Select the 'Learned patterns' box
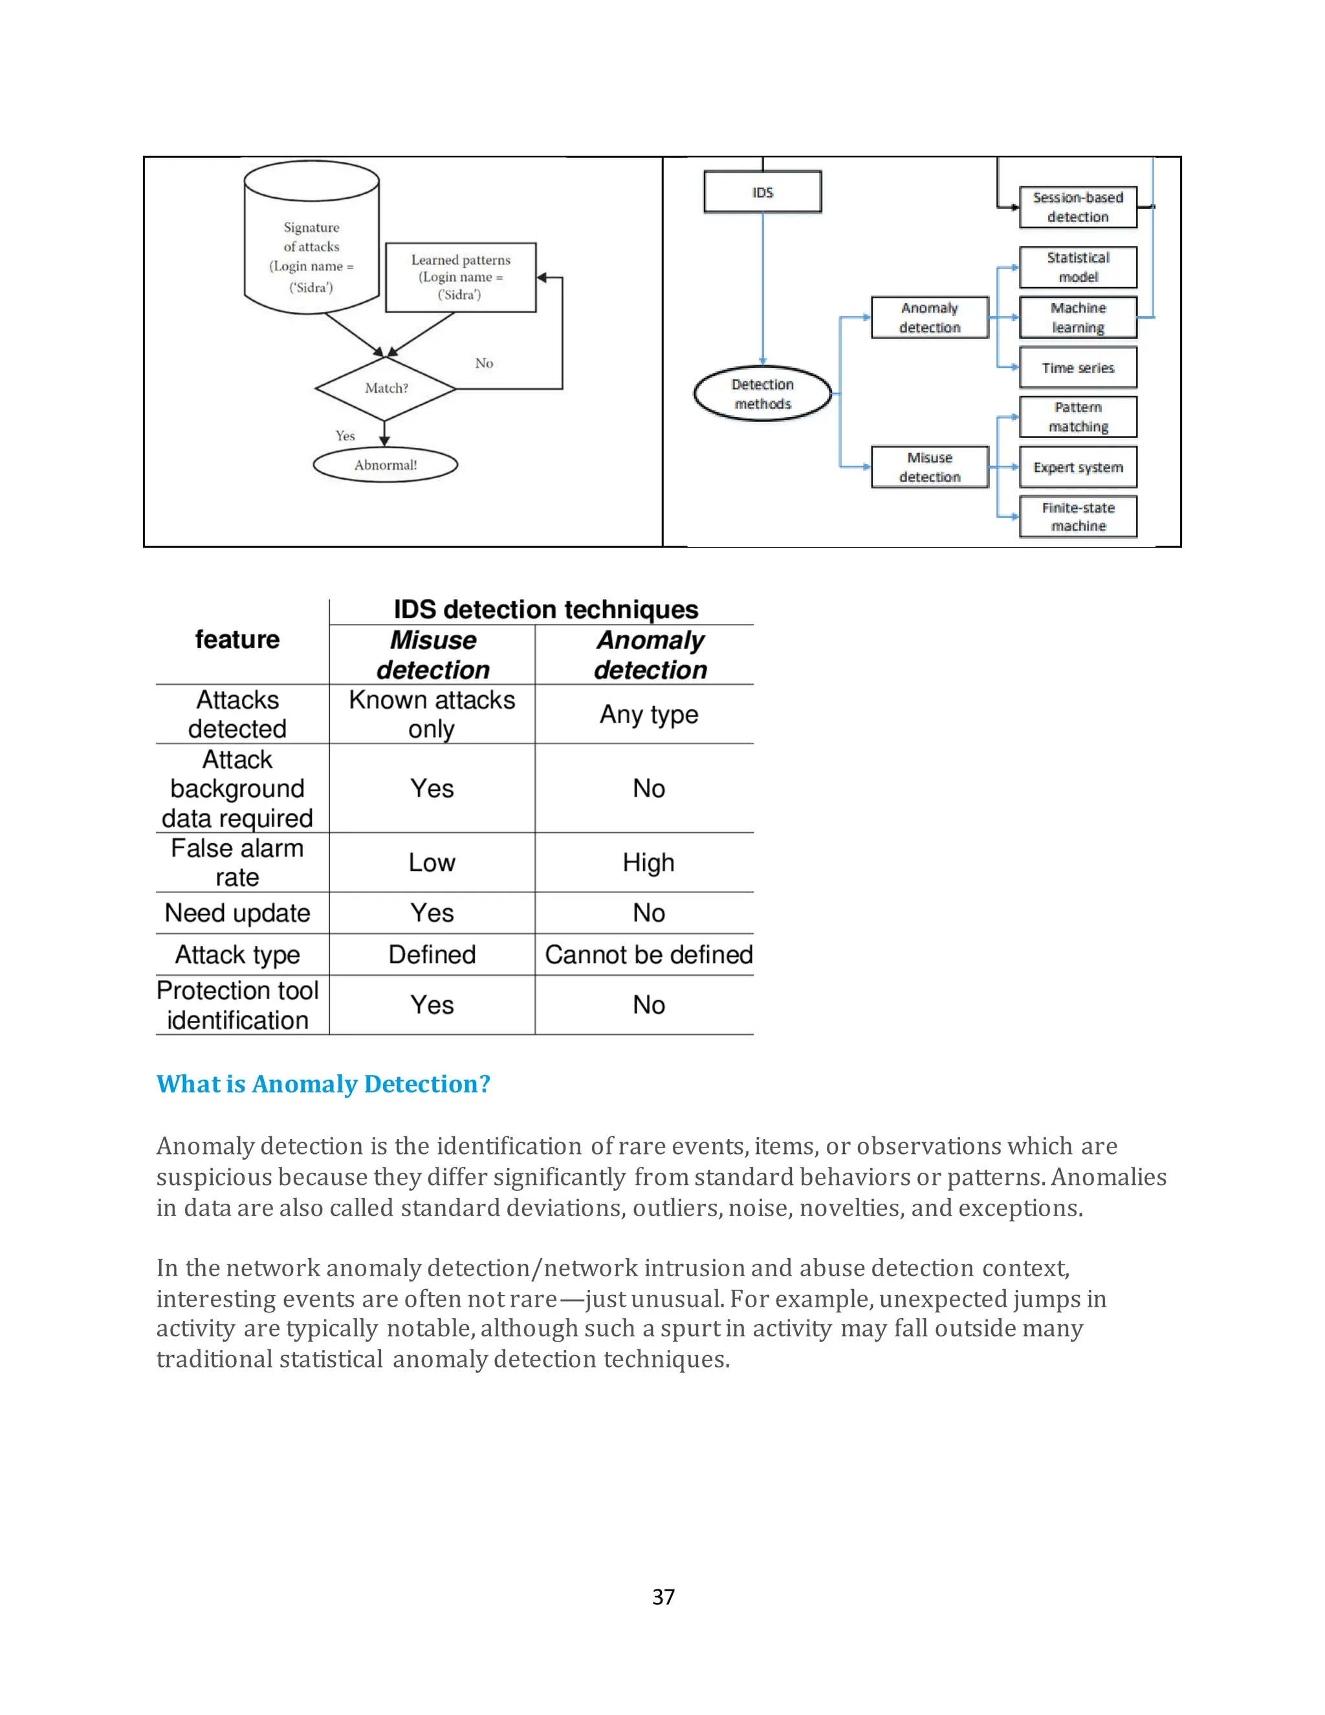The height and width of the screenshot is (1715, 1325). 461,277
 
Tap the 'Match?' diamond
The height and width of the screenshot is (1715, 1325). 386,388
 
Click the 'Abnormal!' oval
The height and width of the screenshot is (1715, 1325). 386,465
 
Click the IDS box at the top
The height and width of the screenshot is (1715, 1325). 762,192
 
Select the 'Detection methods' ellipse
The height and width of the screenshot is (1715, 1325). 762,394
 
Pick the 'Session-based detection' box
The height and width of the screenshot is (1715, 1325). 1078,207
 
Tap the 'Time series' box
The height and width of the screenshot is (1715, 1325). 1078,368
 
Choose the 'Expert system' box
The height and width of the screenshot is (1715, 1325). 1078,467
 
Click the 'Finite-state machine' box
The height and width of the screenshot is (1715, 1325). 1078,516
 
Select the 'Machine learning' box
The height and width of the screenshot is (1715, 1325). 1078,317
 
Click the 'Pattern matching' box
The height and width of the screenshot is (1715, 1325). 1078,417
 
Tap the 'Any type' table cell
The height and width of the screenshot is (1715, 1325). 648,714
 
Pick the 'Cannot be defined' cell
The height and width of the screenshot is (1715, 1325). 648,955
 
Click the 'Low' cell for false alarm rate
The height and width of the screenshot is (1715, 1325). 432,862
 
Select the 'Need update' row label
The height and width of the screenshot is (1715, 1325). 237,913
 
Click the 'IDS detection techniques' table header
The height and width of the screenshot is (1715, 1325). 545,610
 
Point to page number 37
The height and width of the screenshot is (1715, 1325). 662,1597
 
